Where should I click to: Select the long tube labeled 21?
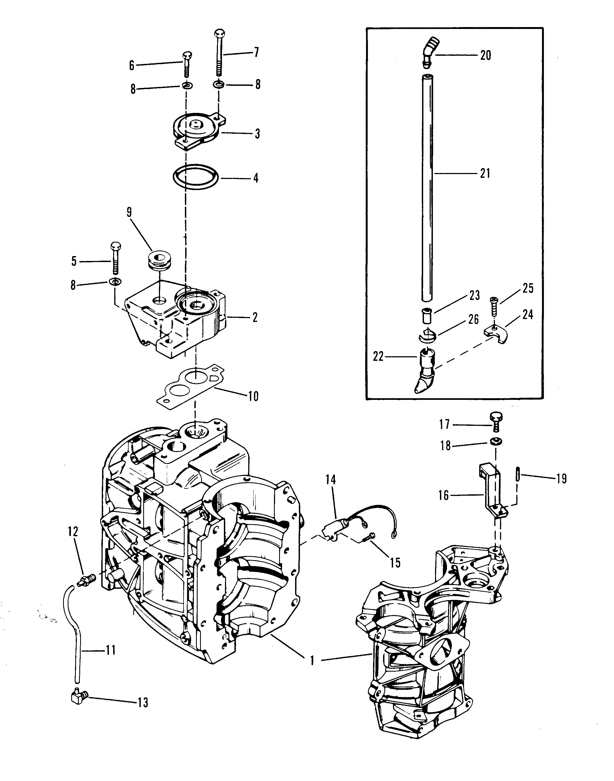point(427,187)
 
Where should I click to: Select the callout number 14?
point(331,481)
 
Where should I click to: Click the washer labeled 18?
point(496,441)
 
